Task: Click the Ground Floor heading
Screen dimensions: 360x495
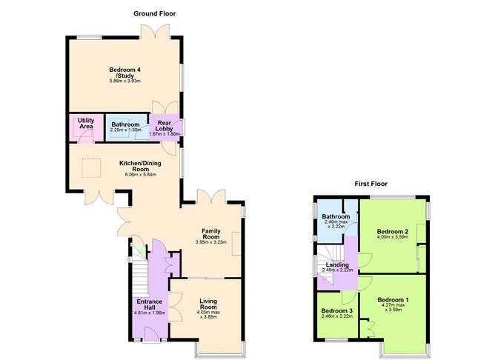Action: click(154, 13)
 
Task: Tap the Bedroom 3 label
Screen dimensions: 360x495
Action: click(336, 310)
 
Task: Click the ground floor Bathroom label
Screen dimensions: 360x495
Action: click(125, 124)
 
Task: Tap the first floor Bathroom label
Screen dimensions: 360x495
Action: click(336, 216)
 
